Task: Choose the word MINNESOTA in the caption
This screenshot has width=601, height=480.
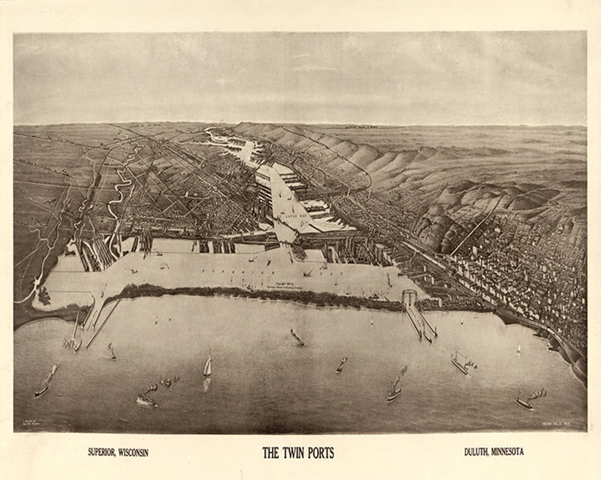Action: click(x=507, y=452)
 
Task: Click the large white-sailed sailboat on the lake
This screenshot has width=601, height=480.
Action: click(x=208, y=366)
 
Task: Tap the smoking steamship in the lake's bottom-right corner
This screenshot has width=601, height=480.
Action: click(x=525, y=401)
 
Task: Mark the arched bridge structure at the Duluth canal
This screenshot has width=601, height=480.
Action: click(x=409, y=297)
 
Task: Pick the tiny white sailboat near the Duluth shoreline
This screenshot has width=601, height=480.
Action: click(x=518, y=348)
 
